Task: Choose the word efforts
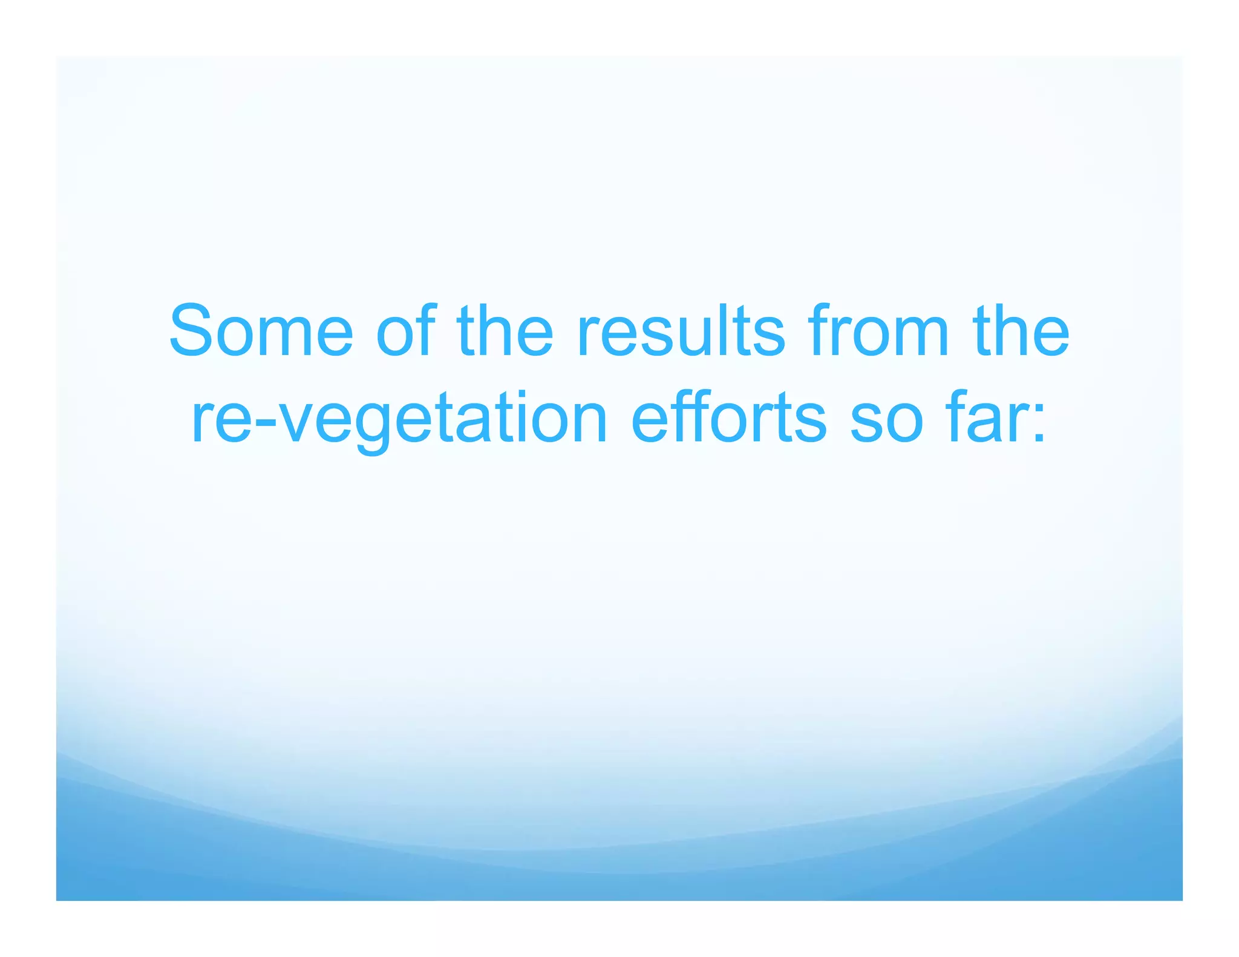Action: pos(728,418)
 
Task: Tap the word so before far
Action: pos(886,418)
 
